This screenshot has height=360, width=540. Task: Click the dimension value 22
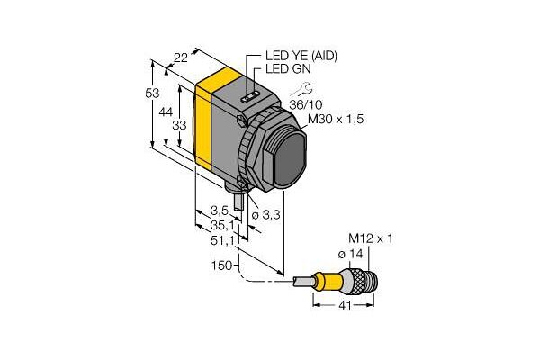(181, 58)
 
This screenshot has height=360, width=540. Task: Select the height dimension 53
(152, 93)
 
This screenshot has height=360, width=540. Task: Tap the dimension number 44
(166, 112)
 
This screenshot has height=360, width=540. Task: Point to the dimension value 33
(179, 125)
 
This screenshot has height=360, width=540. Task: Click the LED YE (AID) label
(301, 56)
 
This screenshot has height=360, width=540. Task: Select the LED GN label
(288, 69)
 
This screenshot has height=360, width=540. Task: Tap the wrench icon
(301, 90)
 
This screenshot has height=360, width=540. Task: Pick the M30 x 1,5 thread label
(336, 120)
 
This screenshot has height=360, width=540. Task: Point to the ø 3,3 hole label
(265, 215)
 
